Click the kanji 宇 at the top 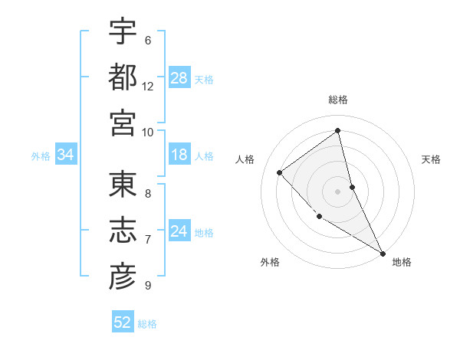pyautogui.click(x=123, y=31)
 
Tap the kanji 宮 pyautogui.click(x=123, y=123)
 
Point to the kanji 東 pyautogui.click(x=123, y=185)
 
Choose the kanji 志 pyautogui.click(x=123, y=231)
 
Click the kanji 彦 pyautogui.click(x=123, y=277)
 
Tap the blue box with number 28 pyautogui.click(x=179, y=78)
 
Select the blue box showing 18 pyautogui.click(x=179, y=155)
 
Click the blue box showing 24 pyautogui.click(x=179, y=231)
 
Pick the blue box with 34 pyautogui.click(x=66, y=155)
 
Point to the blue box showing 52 pyautogui.click(x=123, y=322)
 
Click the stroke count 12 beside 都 pyautogui.click(x=148, y=87)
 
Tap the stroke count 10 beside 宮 pyautogui.click(x=148, y=132)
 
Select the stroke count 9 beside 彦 pyautogui.click(x=148, y=286)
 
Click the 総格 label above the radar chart pyautogui.click(x=338, y=100)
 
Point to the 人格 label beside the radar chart pyautogui.click(x=245, y=159)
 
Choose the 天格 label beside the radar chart pyautogui.click(x=432, y=159)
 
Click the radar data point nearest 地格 pyautogui.click(x=383, y=253)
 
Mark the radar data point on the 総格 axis pyautogui.click(x=338, y=130)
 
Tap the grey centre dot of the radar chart pyautogui.click(x=338, y=191)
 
